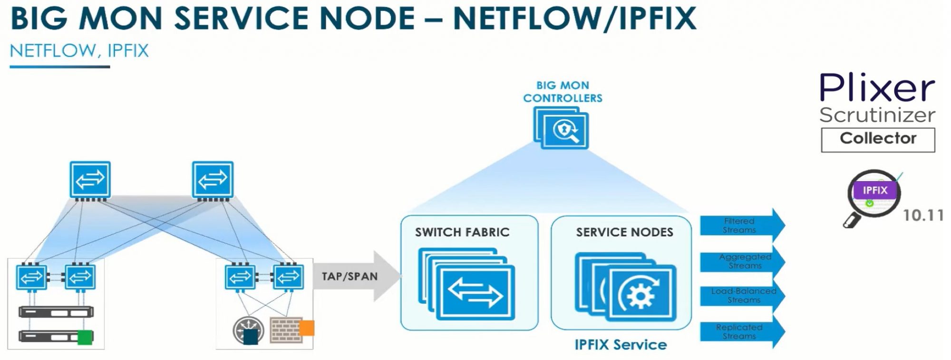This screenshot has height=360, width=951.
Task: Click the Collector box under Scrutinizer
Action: pyautogui.click(x=877, y=139)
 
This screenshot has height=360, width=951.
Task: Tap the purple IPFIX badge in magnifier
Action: pyautogui.click(x=875, y=191)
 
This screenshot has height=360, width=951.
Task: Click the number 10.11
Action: pyautogui.click(x=923, y=215)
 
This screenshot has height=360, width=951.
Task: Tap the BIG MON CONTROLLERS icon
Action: pyautogui.click(x=562, y=127)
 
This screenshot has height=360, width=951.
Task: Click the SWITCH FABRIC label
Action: pyautogui.click(x=462, y=232)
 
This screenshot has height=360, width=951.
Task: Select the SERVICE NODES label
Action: pyautogui.click(x=624, y=232)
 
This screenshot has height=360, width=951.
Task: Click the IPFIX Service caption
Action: pyautogui.click(x=621, y=345)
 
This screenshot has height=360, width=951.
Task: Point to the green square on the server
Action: pyautogui.click(x=85, y=337)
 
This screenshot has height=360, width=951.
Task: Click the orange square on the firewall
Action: pyautogui.click(x=306, y=328)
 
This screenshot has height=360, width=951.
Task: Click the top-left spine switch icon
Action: pyautogui.click(x=90, y=179)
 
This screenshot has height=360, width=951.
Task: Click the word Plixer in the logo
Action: pyautogui.click(x=877, y=88)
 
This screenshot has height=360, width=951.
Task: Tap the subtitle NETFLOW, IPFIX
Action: pyautogui.click(x=79, y=51)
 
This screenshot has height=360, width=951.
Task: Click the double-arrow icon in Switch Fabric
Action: pyautogui.click(x=475, y=292)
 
